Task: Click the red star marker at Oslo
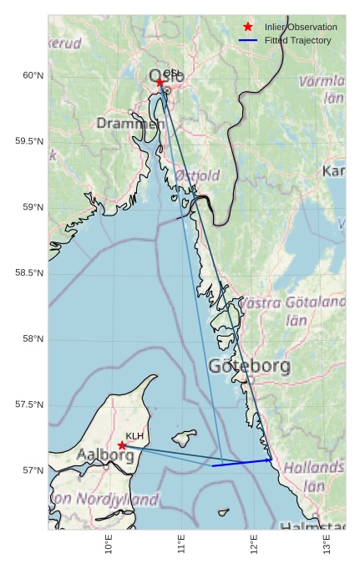(160, 82)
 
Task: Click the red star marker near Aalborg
(122, 445)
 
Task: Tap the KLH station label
(135, 436)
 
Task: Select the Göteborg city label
(250, 366)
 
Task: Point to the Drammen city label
(129, 124)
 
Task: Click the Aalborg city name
(104, 455)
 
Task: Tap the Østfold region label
(198, 175)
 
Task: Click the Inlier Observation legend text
(301, 28)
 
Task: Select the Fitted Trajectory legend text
(297, 40)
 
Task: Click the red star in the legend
(248, 28)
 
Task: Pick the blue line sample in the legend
(248, 40)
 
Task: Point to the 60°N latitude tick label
(33, 75)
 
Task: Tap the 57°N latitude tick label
(33, 470)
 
